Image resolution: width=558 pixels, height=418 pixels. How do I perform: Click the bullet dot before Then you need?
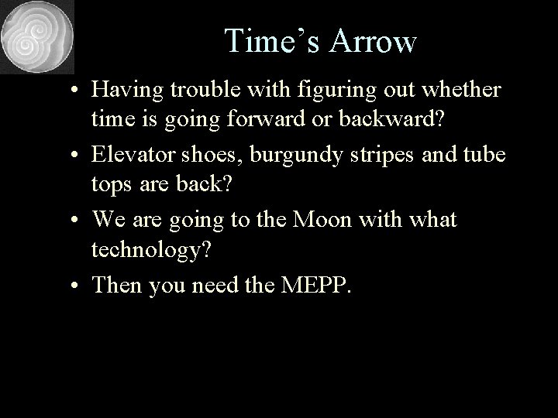[x=79, y=286]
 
